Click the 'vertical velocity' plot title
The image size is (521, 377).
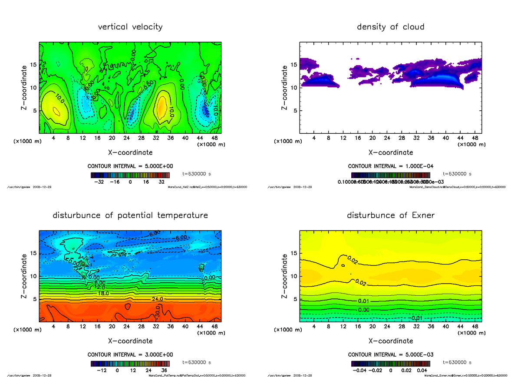coord(130,27)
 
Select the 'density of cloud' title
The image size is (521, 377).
coord(390,27)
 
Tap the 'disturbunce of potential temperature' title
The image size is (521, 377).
coord(130,215)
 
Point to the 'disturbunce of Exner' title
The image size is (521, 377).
coord(390,215)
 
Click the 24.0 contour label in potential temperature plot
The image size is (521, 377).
coord(157,299)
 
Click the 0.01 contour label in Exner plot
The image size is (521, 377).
coord(364,301)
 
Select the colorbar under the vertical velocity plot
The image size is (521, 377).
coord(130,175)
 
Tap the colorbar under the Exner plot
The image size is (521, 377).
coord(390,364)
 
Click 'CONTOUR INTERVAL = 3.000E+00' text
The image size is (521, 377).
coord(130,354)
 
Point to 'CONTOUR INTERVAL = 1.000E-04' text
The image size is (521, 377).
coord(391,166)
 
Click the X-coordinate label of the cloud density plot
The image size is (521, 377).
coord(390,152)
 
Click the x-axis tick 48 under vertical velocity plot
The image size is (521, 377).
coord(214,138)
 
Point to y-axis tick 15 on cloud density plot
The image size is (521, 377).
coord(293,65)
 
